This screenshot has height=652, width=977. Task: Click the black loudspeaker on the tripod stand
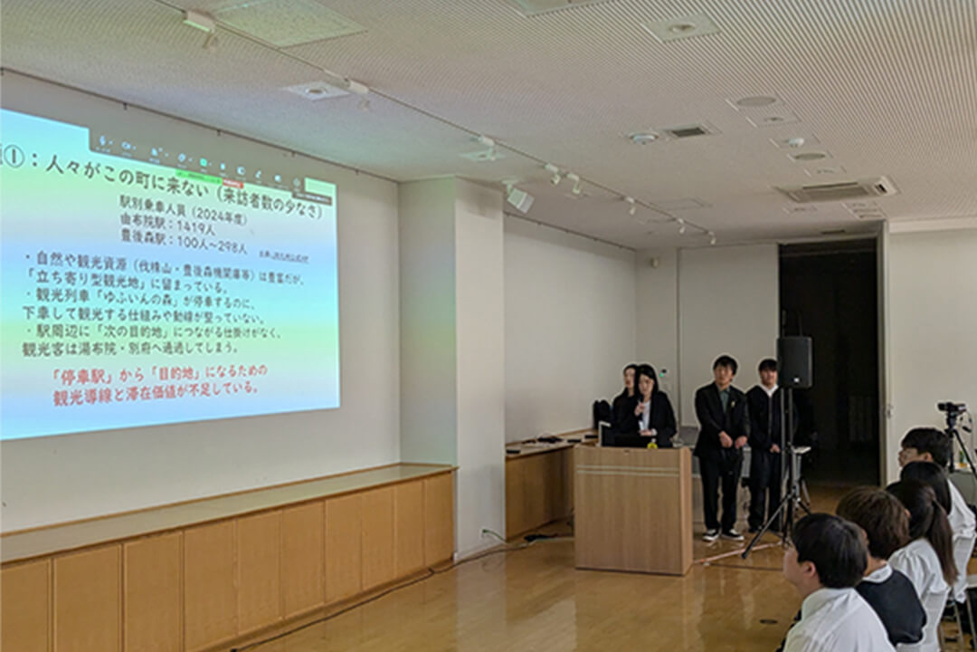click(x=794, y=361)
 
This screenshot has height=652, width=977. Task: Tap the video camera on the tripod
click(x=951, y=408)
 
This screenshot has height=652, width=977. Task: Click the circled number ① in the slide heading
click(x=11, y=155)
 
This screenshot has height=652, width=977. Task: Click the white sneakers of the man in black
click(x=721, y=534)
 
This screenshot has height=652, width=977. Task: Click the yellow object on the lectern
click(x=650, y=445)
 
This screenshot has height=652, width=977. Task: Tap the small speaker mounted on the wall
click(x=519, y=199)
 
